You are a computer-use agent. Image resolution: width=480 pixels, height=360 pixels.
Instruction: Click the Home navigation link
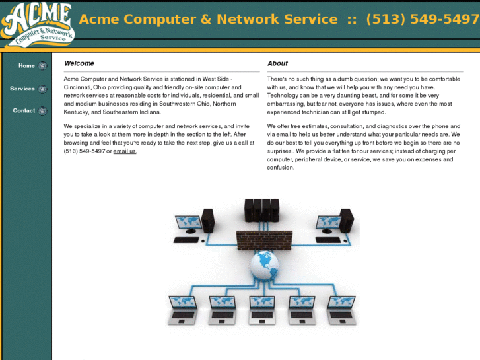pyautogui.click(x=26, y=65)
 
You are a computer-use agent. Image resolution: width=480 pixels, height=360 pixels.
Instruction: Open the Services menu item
pyautogui.click(x=22, y=89)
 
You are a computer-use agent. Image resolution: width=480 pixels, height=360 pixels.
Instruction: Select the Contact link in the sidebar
pyautogui.click(x=24, y=110)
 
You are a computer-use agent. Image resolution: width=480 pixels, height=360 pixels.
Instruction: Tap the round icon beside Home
pyautogui.click(x=43, y=66)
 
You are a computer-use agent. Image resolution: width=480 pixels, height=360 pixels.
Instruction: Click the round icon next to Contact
pyautogui.click(x=43, y=111)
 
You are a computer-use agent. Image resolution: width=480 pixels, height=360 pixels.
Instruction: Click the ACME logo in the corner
pyautogui.click(x=37, y=24)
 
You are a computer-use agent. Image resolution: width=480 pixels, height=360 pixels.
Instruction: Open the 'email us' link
pyautogui.click(x=124, y=151)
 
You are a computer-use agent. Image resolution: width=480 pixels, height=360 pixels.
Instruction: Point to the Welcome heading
pyautogui.click(x=79, y=63)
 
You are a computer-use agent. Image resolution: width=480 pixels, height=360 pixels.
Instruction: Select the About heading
pyautogui.click(x=277, y=63)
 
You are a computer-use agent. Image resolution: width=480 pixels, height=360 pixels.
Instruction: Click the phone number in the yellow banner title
pyautogui.click(x=422, y=19)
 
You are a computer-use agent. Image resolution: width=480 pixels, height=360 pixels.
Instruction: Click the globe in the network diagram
pyautogui.click(x=264, y=264)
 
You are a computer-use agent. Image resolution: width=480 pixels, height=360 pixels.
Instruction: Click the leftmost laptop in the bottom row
pyautogui.click(x=182, y=309)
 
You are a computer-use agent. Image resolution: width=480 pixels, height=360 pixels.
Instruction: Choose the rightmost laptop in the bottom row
pyautogui.click(x=342, y=309)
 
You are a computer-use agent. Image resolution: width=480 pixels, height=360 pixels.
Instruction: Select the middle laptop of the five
pyautogui.click(x=262, y=309)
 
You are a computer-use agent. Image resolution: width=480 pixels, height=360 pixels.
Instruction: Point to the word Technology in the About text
pyautogui.click(x=283, y=96)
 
